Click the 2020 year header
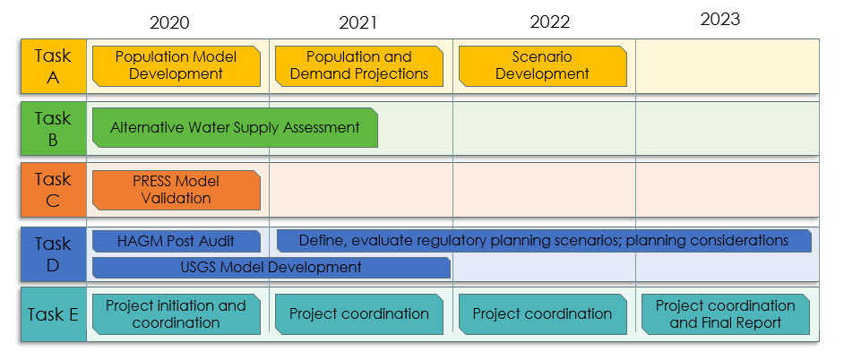pos(169,22)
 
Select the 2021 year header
pos(358,22)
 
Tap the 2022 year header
pos(549,22)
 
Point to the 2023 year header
pos(720,20)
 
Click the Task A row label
pos(53,66)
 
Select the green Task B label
pos(53,129)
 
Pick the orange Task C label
pos(53,190)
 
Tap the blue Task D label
pos(53,254)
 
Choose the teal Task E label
pos(53,314)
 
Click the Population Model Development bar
pos(177,65)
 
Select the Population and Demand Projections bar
pos(359,65)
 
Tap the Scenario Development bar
pos(543,65)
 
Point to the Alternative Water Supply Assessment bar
pos(236,127)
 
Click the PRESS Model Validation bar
pos(177,190)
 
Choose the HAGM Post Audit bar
pos(177,241)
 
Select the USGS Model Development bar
pos(271,268)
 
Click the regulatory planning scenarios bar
pos(544,241)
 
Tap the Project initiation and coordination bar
pos(177,314)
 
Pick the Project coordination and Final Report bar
pos(726,314)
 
